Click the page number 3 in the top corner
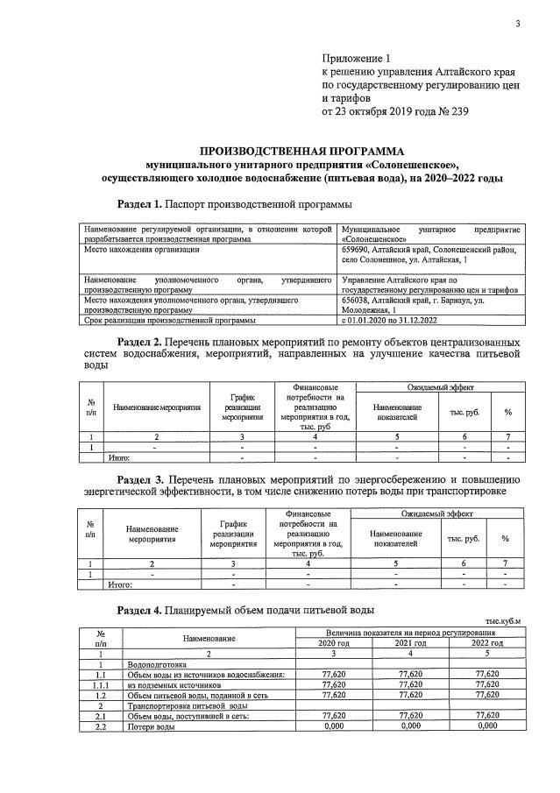tap(518, 25)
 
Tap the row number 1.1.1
tap(101, 685)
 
